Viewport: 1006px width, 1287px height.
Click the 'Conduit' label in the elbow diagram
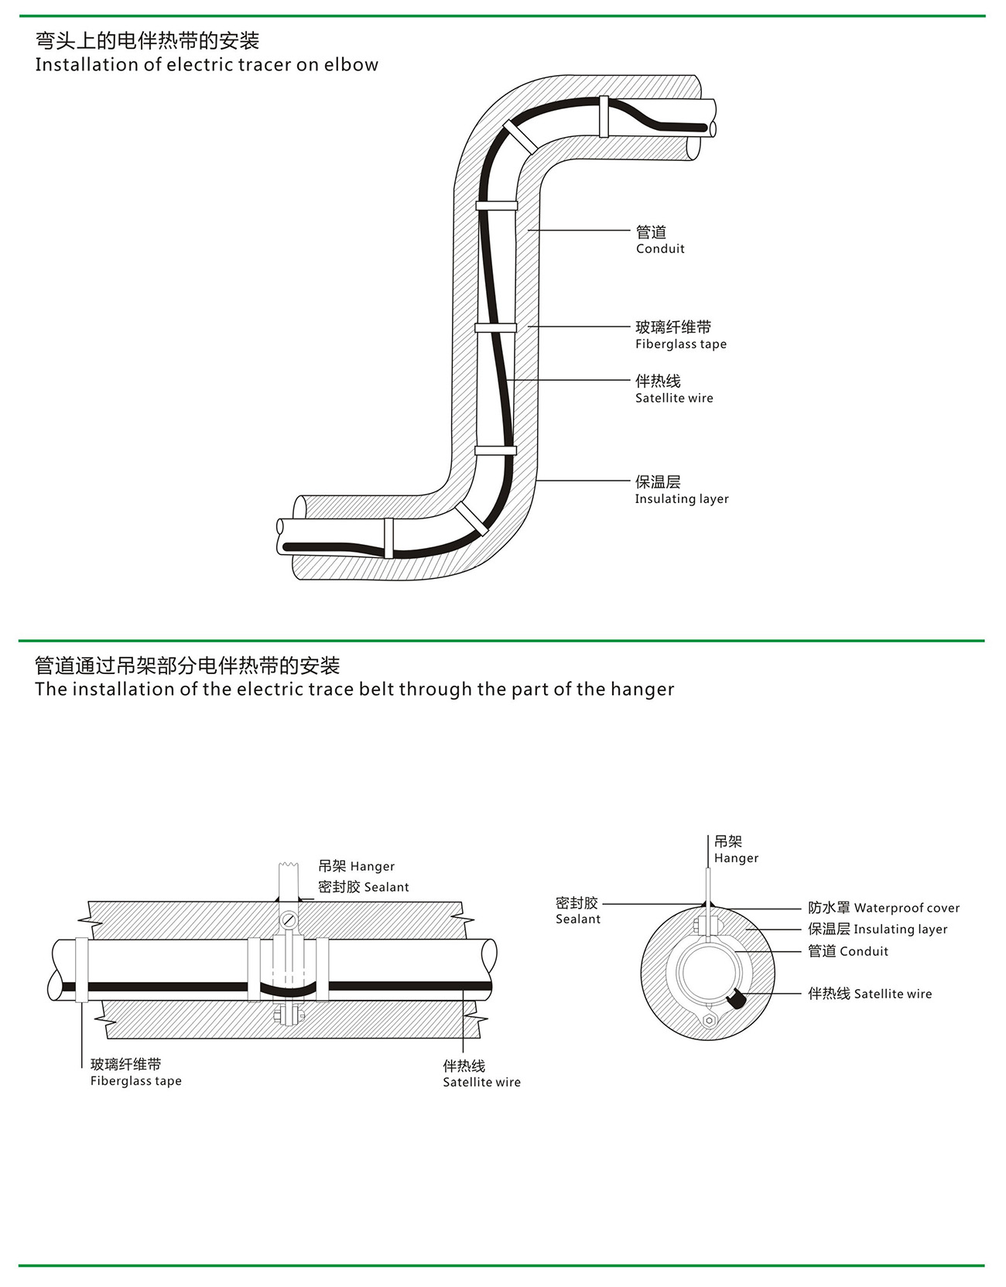click(x=660, y=240)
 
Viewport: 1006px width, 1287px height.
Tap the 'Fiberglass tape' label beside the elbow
click(x=680, y=336)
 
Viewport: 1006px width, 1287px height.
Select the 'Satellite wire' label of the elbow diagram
click(x=673, y=389)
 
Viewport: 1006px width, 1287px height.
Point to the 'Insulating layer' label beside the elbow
click(x=681, y=490)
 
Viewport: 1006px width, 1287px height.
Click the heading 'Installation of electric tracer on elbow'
click(x=207, y=64)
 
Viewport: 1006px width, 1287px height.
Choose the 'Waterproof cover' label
click(x=884, y=908)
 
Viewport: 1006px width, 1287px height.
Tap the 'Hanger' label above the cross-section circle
click(x=736, y=850)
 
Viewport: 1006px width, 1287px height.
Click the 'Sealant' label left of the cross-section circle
click(x=577, y=911)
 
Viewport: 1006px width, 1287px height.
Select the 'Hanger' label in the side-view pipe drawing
click(x=356, y=866)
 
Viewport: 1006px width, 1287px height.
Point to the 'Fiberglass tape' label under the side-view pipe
click(x=135, y=1073)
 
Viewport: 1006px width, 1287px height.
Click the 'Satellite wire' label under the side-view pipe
click(x=481, y=1074)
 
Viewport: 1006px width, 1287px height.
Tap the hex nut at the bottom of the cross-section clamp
click(x=709, y=1021)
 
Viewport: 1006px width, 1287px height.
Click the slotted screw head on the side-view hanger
click(x=289, y=921)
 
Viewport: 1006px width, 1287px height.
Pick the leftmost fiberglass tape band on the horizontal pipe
click(x=81, y=970)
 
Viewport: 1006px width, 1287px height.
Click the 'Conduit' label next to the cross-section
click(x=848, y=951)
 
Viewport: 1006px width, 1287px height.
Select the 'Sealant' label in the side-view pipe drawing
click(x=363, y=887)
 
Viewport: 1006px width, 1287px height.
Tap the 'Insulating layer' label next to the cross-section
click(x=878, y=929)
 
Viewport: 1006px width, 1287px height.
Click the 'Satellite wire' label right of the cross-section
click(x=870, y=994)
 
